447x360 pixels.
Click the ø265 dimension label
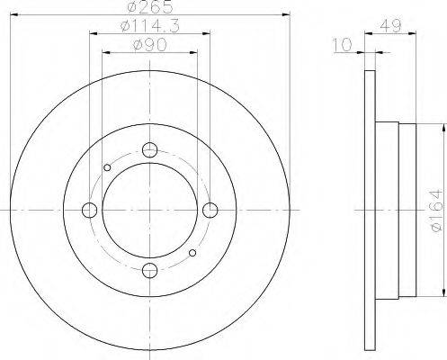pyautogui.click(x=150, y=6)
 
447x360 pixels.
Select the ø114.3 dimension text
pyautogui.click(x=150, y=26)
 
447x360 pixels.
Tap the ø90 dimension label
pyautogui.click(x=149, y=45)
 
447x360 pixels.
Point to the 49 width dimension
pyautogui.click(x=390, y=26)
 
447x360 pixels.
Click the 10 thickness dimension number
pyautogui.click(x=343, y=45)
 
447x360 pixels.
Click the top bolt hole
pyautogui.click(x=150, y=150)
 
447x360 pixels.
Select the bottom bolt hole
pyautogui.click(x=150, y=271)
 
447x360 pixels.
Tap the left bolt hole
pyautogui.click(x=89, y=210)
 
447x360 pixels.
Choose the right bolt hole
pyautogui.click(x=210, y=210)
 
